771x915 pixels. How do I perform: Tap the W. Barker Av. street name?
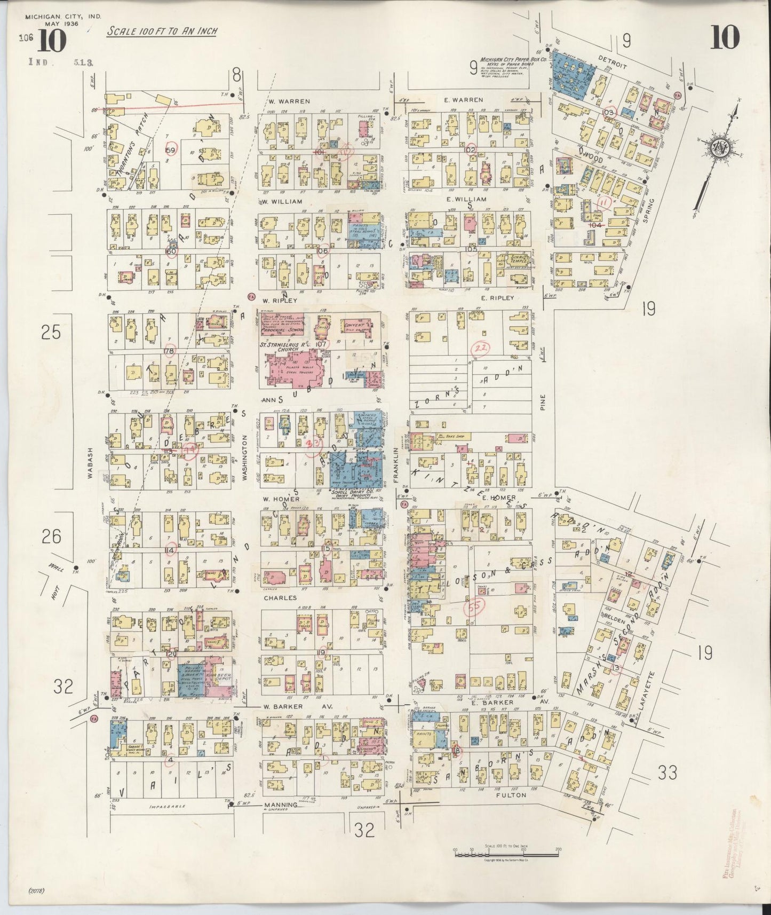point(298,706)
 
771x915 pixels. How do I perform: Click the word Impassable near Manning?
point(167,807)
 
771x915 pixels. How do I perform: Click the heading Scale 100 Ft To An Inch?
point(162,31)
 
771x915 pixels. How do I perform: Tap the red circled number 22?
point(481,348)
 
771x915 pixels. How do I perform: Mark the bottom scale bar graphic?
point(506,854)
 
